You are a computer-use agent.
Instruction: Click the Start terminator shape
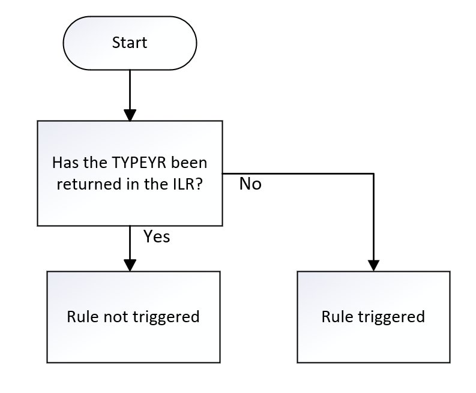pyautogui.click(x=130, y=43)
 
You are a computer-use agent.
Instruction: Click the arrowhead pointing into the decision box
pyautogui.click(x=130, y=115)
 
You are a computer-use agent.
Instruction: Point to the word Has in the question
pyautogui.click(x=65, y=163)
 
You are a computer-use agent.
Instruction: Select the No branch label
pyautogui.click(x=250, y=184)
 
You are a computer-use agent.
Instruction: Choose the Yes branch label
pyautogui.click(x=157, y=237)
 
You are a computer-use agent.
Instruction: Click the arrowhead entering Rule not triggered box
pyautogui.click(x=130, y=265)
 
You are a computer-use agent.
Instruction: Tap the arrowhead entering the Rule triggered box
pyautogui.click(x=373, y=265)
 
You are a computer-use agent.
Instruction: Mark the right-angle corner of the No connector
pyautogui.click(x=373, y=174)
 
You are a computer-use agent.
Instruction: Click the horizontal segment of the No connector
pyautogui.click(x=300, y=174)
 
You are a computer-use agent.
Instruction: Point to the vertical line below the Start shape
pyautogui.click(x=130, y=90)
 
